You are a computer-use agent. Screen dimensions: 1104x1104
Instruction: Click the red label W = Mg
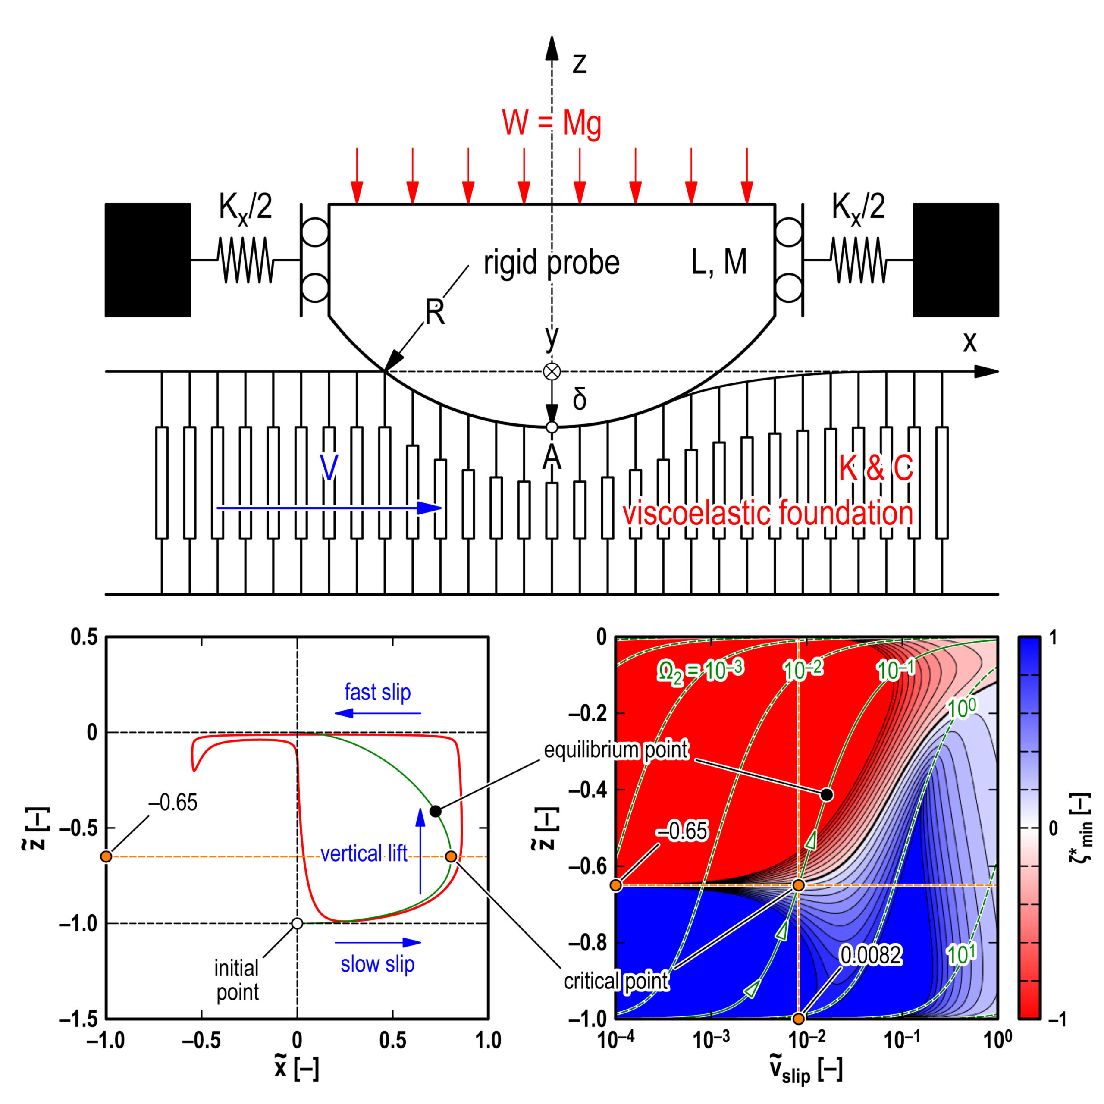point(552,123)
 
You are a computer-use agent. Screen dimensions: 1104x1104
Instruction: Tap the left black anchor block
point(147,260)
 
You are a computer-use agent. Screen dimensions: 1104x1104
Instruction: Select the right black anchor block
point(955,260)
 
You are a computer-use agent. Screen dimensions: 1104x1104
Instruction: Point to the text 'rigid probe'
point(552,263)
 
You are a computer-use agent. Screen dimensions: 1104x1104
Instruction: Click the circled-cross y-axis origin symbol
point(552,371)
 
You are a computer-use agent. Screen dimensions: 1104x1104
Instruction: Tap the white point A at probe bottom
point(552,427)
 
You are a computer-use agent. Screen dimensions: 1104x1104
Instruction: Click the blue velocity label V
point(329,467)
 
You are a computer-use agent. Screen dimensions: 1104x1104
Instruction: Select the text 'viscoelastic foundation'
point(768,513)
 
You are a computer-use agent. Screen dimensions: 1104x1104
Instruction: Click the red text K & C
point(875,469)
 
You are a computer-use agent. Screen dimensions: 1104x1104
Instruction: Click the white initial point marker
point(297,923)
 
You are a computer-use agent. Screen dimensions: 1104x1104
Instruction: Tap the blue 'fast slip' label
point(377,692)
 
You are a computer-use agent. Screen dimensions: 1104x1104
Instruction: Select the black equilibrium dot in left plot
point(436,811)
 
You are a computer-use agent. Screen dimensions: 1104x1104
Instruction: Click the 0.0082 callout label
point(870,954)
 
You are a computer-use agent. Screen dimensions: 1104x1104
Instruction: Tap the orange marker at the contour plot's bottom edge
point(798,1018)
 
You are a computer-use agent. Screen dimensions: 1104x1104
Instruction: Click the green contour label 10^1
point(961,953)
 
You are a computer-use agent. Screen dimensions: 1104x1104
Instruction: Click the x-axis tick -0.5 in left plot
point(201,1041)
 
